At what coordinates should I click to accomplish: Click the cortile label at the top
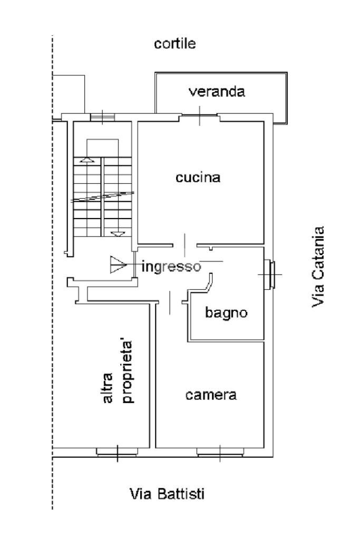point(174,44)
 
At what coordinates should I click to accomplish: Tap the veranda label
point(217,92)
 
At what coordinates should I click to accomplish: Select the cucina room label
point(198,178)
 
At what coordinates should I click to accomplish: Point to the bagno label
point(226,312)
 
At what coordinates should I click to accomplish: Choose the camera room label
point(211,395)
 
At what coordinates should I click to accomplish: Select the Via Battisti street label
point(167,494)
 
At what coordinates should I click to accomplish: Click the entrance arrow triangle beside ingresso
point(117,264)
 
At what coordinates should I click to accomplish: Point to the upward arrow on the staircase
point(87,159)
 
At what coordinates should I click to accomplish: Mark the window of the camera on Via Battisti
point(220,452)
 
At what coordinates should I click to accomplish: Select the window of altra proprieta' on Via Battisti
point(117,452)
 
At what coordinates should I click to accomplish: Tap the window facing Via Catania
point(270,275)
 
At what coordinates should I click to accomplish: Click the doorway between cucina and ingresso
point(184,244)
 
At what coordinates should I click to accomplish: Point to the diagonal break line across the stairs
point(102,197)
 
